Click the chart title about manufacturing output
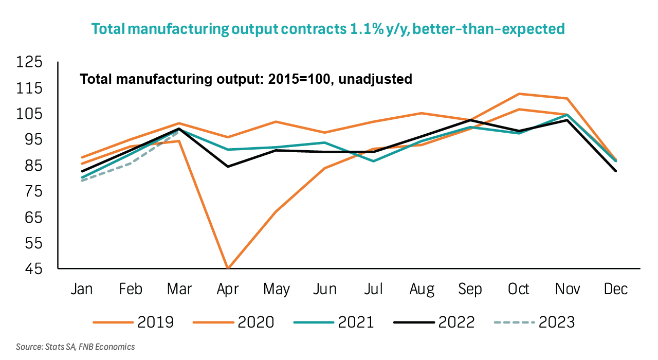point(328,29)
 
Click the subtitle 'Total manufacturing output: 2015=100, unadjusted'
point(246,79)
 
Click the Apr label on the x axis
point(228,289)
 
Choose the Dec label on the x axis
point(616,289)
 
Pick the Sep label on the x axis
point(470,289)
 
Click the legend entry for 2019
point(134,322)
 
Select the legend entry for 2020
point(234,322)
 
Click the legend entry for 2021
point(334,322)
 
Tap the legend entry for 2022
point(434,322)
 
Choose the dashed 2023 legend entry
point(534,322)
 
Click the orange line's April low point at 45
point(228,268)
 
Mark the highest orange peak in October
point(519,94)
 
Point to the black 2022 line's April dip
point(228,166)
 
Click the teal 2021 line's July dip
point(373,161)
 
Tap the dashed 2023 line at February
point(131,163)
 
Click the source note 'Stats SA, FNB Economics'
point(76,347)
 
